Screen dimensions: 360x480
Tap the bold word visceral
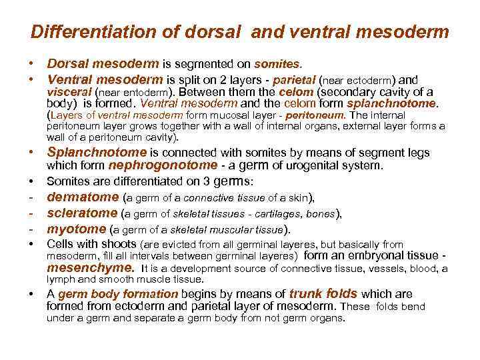69,93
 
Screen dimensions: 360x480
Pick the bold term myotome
75,230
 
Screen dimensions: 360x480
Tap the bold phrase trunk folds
323,294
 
